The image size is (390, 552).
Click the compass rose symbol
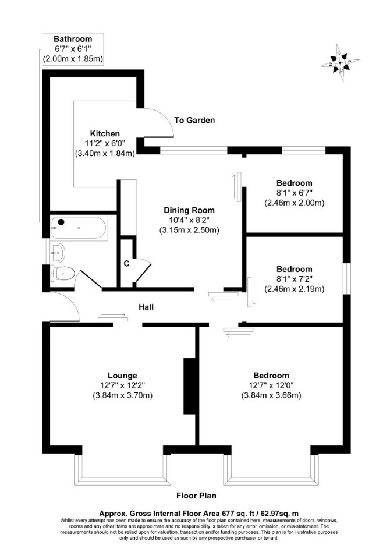click(x=340, y=63)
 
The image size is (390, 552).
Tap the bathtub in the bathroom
click(x=78, y=228)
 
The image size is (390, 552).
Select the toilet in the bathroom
click(x=63, y=273)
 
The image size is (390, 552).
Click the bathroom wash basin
click(x=57, y=252)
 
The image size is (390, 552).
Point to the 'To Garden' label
click(x=194, y=121)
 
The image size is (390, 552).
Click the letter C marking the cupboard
click(x=127, y=263)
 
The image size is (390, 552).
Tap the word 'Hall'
click(x=146, y=307)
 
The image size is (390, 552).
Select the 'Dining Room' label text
click(x=189, y=211)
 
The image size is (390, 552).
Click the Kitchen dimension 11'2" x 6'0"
click(x=105, y=144)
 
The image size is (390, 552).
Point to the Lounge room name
click(x=122, y=376)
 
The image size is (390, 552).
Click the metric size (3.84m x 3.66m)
click(x=271, y=395)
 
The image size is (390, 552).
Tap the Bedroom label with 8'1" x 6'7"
click(x=295, y=183)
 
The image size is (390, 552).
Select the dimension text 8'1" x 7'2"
click(x=295, y=279)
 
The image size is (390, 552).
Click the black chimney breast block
click(x=189, y=386)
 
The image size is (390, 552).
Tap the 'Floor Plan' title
click(x=196, y=496)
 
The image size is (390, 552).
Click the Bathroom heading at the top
click(x=73, y=39)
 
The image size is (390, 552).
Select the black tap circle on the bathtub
click(x=61, y=222)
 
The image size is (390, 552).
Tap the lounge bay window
click(x=122, y=480)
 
